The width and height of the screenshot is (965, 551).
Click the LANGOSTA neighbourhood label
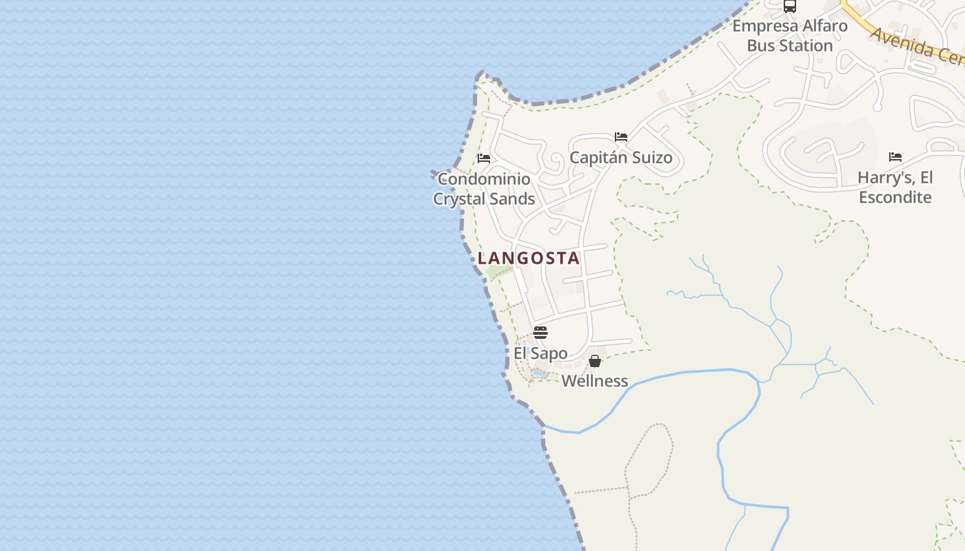529,258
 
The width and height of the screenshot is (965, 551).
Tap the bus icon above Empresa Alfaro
790,7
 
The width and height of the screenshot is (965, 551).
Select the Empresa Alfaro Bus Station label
790,36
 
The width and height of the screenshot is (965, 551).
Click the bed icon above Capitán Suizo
621,137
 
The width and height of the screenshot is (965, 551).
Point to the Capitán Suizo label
620,158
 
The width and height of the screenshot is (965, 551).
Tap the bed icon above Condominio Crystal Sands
484,158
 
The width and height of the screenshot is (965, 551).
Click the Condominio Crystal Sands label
484,189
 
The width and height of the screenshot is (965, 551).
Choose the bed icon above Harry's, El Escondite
895,157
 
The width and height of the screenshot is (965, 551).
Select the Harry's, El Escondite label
895,187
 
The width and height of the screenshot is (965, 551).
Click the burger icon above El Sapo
540,333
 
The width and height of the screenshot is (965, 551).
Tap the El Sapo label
540,353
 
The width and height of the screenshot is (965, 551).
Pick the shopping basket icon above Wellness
595,361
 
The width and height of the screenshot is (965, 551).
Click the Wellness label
595,381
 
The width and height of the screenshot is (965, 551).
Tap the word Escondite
895,198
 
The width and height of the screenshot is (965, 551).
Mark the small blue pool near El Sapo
539,373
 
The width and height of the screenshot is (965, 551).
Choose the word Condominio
484,179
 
